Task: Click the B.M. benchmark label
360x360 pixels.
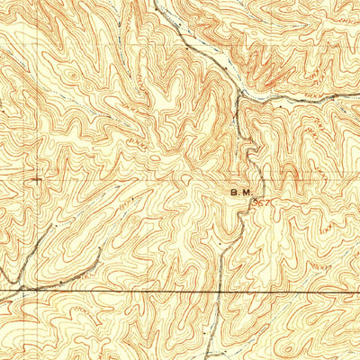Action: [x=239, y=192]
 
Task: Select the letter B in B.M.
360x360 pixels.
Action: [x=234, y=192]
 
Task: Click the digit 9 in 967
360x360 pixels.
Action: [x=256, y=203]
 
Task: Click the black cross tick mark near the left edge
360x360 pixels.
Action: [x=36, y=180]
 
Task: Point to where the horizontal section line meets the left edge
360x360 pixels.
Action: [x=1, y=291]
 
